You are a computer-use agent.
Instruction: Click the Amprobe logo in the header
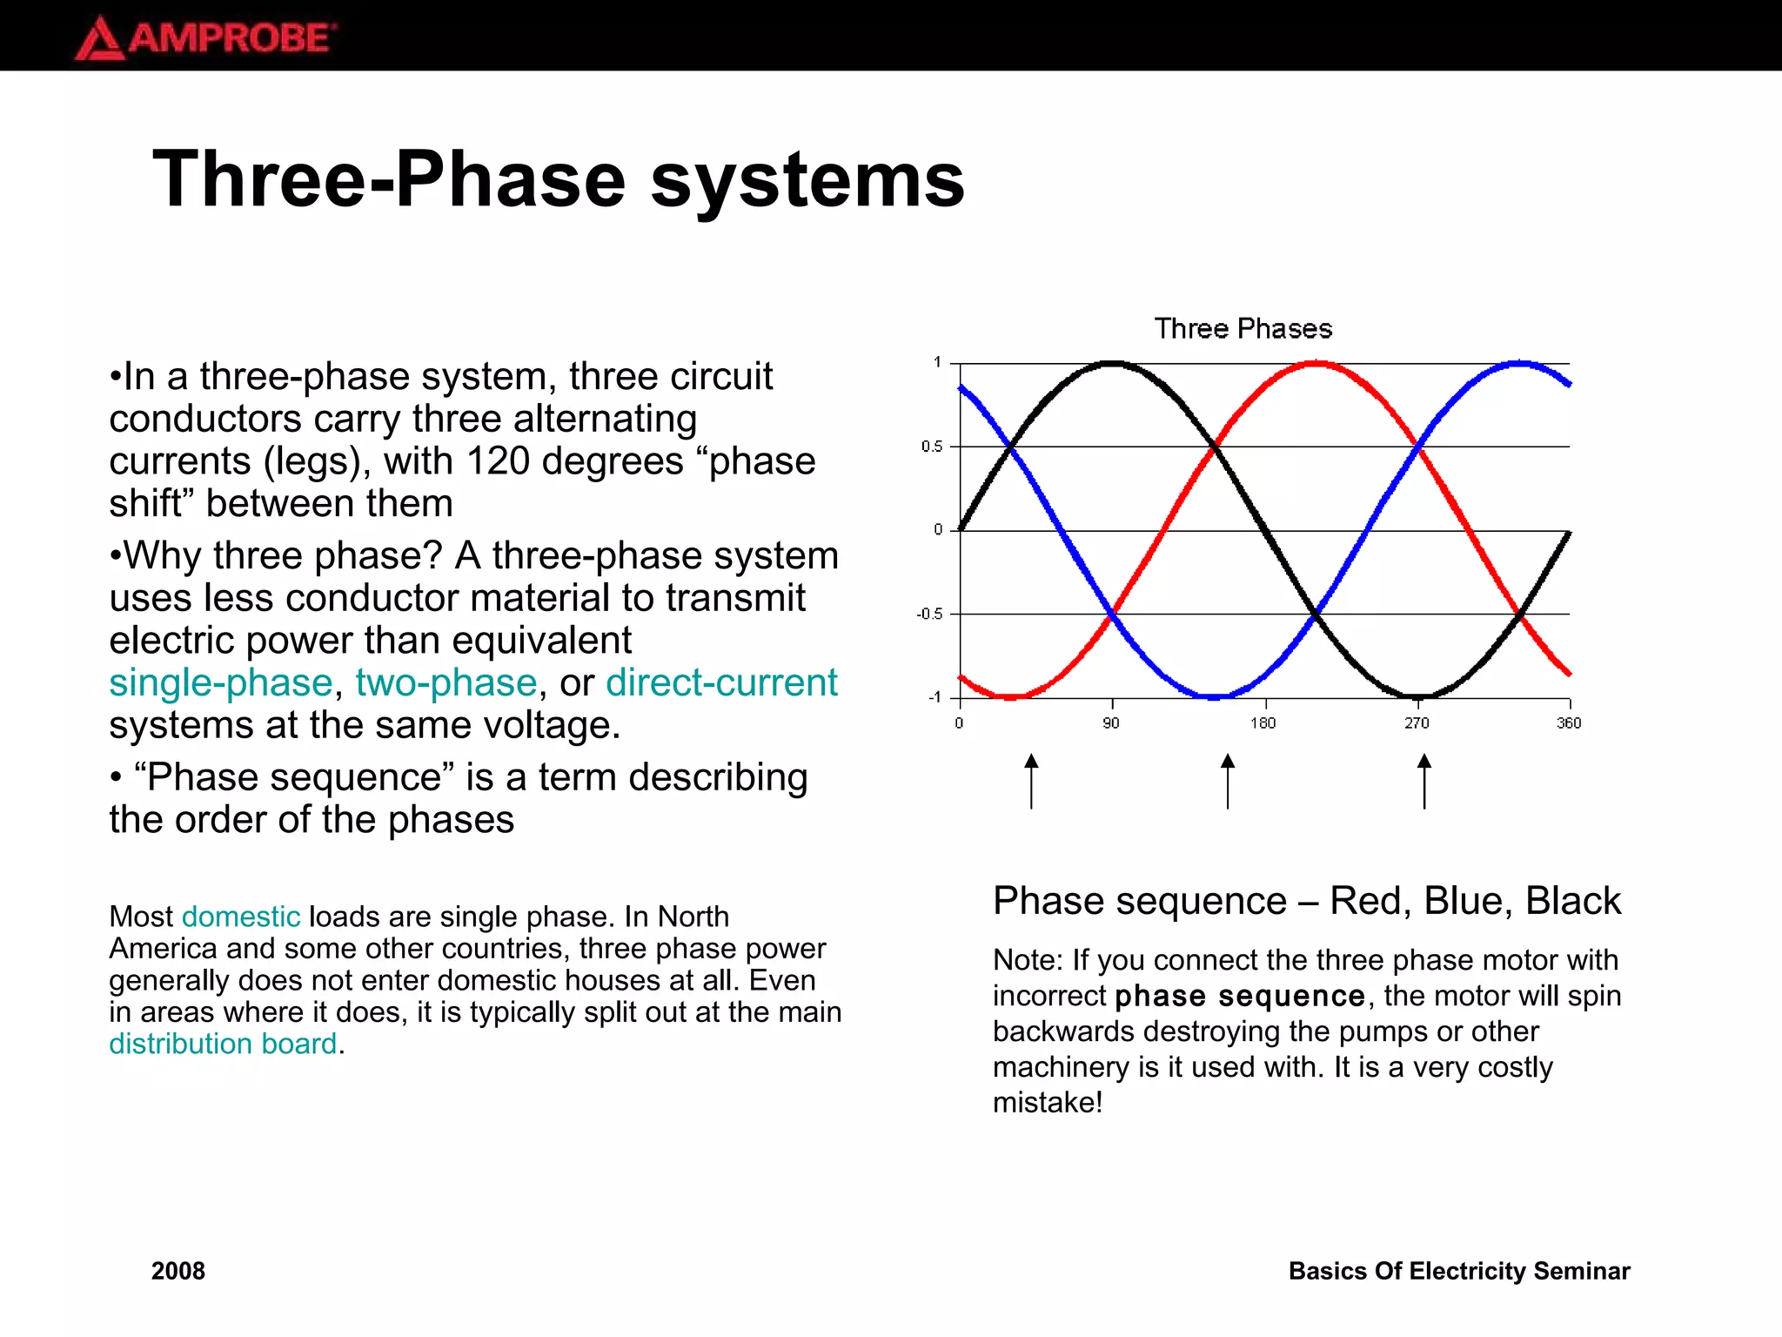pos(205,38)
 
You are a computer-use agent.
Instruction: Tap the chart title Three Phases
pos(1243,329)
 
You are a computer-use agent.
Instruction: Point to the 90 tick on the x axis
pos(1111,723)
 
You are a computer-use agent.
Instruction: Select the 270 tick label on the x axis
pos(1417,723)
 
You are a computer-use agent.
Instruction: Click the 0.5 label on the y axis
pos(932,447)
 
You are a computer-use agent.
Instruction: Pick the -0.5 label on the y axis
pos(929,615)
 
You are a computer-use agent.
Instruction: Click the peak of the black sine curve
pos(1113,363)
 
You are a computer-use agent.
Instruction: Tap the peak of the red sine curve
pos(1316,363)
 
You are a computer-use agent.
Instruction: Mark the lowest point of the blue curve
pos(1215,696)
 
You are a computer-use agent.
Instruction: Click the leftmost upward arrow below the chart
pos(1031,781)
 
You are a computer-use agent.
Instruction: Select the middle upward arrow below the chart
pos(1228,781)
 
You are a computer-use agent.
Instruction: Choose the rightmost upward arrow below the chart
pos(1424,781)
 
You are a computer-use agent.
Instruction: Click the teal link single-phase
pos(221,683)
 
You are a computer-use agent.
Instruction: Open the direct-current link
pos(721,683)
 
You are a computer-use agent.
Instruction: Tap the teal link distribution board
pos(223,1044)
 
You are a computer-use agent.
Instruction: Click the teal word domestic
pos(241,917)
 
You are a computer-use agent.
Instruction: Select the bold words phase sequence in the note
pos(1240,996)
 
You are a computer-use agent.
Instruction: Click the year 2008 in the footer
pos(178,1271)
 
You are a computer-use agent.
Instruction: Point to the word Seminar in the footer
pos(1581,1271)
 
